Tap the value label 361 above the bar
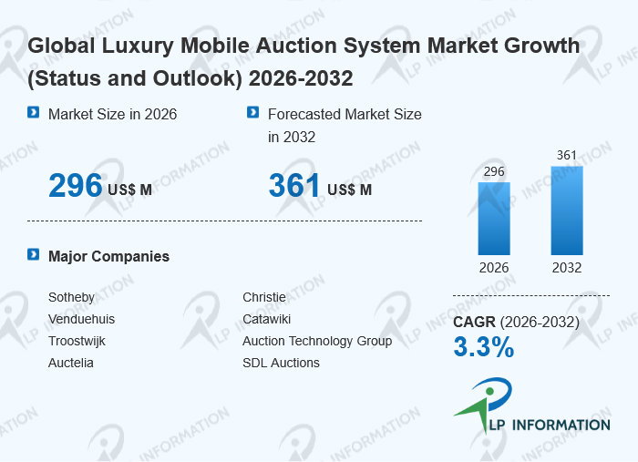567,156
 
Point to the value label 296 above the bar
494,172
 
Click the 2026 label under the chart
494,268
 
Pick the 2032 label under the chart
566,268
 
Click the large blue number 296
75,186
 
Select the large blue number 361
294,186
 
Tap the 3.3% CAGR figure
484,347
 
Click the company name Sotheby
71,297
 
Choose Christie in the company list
264,297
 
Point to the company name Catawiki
267,319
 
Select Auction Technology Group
317,341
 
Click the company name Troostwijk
77,341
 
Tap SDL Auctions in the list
281,363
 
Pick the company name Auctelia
71,363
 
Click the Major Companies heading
108,256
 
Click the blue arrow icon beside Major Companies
34,255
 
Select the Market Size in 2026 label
112,114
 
